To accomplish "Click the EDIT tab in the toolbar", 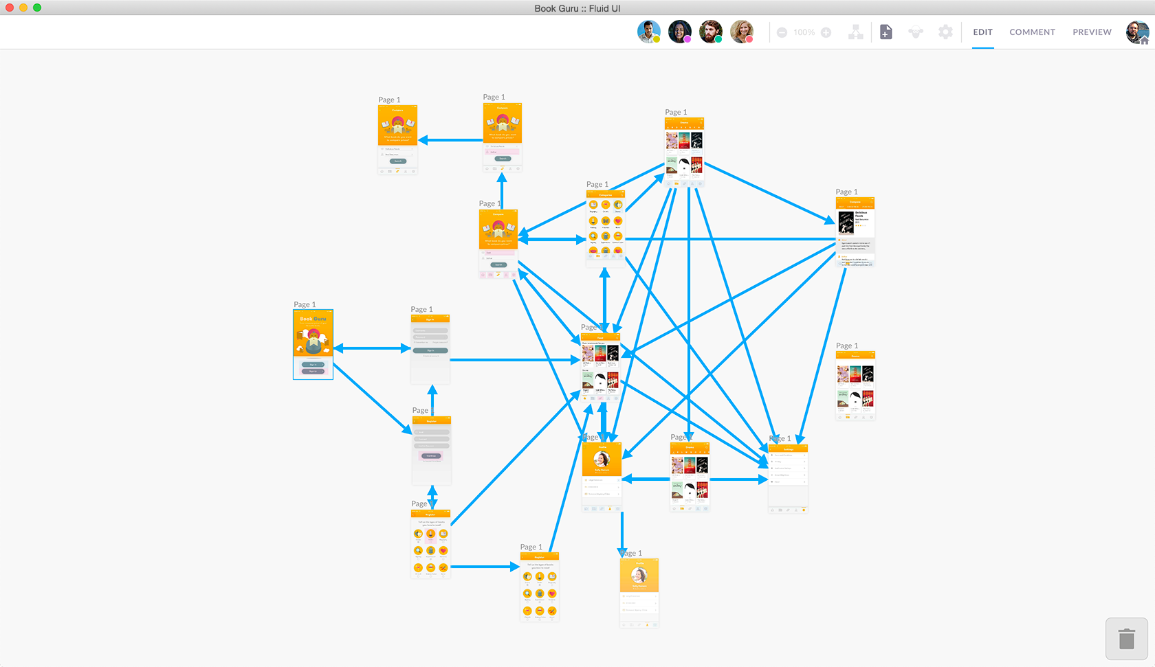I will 982,32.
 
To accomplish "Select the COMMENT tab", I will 1032,32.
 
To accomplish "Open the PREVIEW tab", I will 1092,32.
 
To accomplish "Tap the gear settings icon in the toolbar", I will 945,32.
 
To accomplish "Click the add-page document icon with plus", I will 886,32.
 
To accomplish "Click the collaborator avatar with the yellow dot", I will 648,32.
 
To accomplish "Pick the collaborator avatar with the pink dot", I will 679,32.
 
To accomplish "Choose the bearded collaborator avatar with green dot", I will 710,32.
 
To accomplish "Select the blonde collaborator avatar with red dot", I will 741,32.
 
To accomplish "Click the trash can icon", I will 1126,639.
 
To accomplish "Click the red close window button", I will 10,8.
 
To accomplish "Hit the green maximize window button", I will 37,8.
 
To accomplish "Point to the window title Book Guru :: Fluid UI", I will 577,8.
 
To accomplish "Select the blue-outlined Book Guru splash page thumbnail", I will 313,344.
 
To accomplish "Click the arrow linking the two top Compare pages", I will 450,140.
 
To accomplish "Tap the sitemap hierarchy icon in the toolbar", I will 855,32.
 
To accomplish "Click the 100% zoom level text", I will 804,32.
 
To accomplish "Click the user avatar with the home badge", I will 1137,32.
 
